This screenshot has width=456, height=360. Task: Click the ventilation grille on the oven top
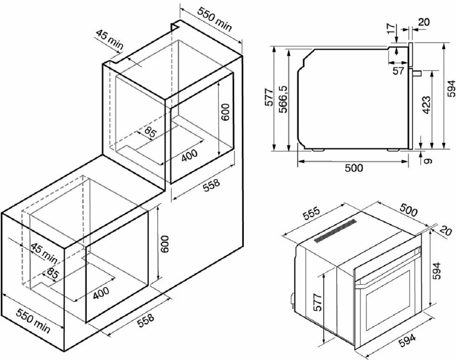335,231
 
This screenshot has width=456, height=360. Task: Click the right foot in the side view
393,150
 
